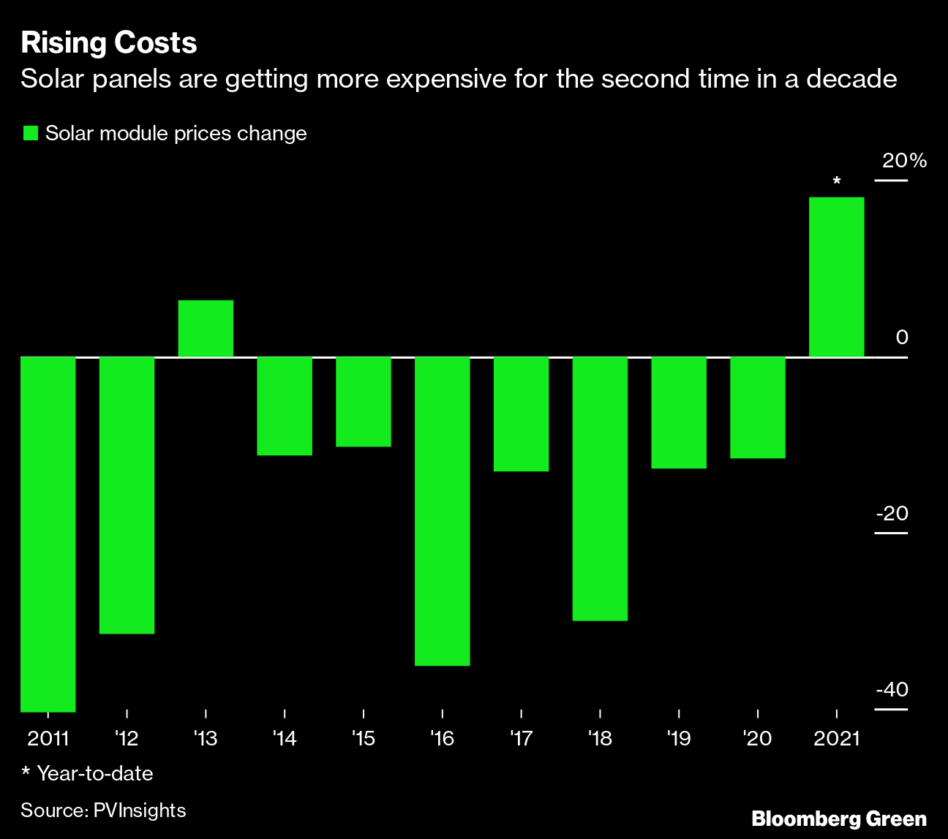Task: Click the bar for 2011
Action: coord(48,534)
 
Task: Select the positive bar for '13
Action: coord(206,328)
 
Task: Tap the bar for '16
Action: coord(442,511)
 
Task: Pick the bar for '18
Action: coord(600,488)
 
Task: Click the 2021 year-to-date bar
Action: coord(836,277)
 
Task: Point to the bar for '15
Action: coord(364,401)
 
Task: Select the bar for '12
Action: coord(127,495)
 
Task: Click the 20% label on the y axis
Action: coord(904,161)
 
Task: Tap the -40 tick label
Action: coord(892,690)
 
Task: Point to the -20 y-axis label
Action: coord(892,514)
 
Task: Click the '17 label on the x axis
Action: coord(521,739)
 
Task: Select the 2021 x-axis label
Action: coord(837,739)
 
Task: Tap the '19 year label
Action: coord(679,739)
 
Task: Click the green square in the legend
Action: coord(30,133)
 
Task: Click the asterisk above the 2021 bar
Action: coord(837,181)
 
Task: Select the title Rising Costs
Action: coord(109,43)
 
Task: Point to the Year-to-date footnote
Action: coord(87,773)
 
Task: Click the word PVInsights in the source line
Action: coord(140,810)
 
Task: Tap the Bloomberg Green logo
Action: coord(838,819)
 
